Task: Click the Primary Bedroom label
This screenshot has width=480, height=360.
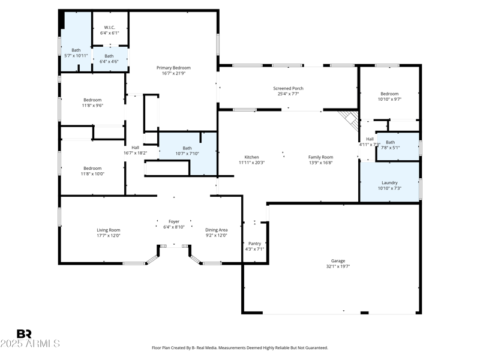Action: point(173,67)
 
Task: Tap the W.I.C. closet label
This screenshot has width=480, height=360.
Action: point(109,26)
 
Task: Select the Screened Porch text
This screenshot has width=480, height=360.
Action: point(289,88)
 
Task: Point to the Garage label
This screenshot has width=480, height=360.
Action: point(338,260)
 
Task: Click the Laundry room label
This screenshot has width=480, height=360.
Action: point(389,182)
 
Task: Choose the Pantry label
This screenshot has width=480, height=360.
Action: point(254,243)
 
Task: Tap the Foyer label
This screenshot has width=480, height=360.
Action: point(174,221)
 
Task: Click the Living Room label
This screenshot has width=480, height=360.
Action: point(109,230)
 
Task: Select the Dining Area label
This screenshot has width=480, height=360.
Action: point(216,230)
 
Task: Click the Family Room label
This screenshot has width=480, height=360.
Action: point(320,157)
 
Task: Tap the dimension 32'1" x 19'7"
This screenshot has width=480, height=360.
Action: point(338,266)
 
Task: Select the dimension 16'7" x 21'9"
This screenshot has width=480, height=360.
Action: point(173,73)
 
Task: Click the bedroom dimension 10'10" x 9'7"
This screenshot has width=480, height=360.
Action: point(389,100)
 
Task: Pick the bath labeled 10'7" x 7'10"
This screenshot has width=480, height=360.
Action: point(187,151)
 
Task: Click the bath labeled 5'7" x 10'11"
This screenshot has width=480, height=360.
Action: point(76,53)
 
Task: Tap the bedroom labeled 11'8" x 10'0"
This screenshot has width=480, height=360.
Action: point(92,171)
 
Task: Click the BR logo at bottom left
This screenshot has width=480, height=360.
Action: point(24,334)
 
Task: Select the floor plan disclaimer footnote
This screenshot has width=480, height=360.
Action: point(240,348)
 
